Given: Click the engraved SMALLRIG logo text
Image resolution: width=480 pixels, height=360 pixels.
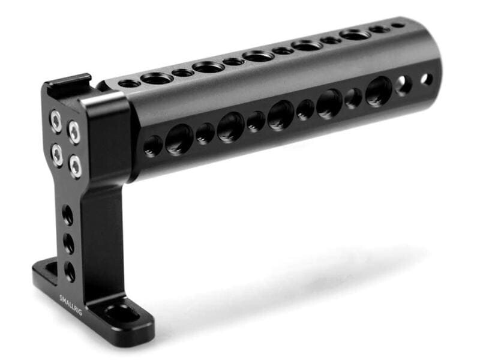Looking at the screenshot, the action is [71, 304].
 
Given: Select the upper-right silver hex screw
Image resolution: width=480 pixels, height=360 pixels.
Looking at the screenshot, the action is [74, 132].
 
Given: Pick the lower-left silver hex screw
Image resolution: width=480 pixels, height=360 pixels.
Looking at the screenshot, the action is [57, 154].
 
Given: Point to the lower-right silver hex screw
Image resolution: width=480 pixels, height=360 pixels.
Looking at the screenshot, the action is [76, 166].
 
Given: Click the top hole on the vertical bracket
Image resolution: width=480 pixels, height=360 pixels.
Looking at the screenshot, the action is [68, 215].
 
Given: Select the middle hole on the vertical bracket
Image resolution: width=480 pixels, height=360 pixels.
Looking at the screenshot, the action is [68, 243].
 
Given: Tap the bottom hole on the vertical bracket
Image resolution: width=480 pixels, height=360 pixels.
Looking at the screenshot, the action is [70, 271].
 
